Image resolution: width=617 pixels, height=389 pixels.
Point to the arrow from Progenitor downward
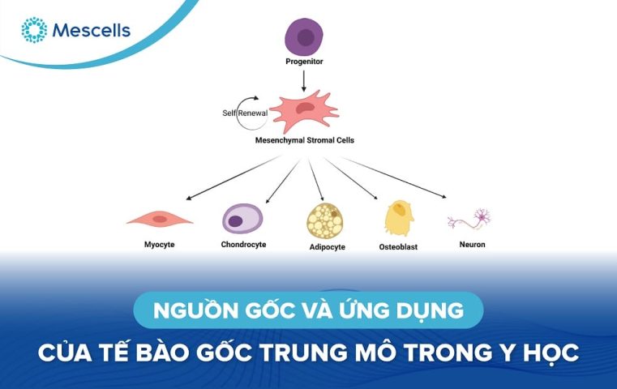[x=303, y=79]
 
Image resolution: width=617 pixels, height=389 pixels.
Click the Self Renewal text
[x=244, y=113]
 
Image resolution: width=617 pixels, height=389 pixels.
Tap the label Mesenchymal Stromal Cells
[x=304, y=139]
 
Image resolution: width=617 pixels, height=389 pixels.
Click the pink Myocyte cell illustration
[x=161, y=218]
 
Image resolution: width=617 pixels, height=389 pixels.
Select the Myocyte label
[x=159, y=244]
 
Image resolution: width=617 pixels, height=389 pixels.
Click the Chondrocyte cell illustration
[x=242, y=218]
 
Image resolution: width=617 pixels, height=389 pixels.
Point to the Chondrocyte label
[x=243, y=244]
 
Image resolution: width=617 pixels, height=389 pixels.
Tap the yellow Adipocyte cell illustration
[x=326, y=220]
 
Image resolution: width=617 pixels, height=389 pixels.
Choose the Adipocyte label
[x=327, y=247]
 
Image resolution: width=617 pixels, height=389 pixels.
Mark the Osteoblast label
[x=398, y=246]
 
